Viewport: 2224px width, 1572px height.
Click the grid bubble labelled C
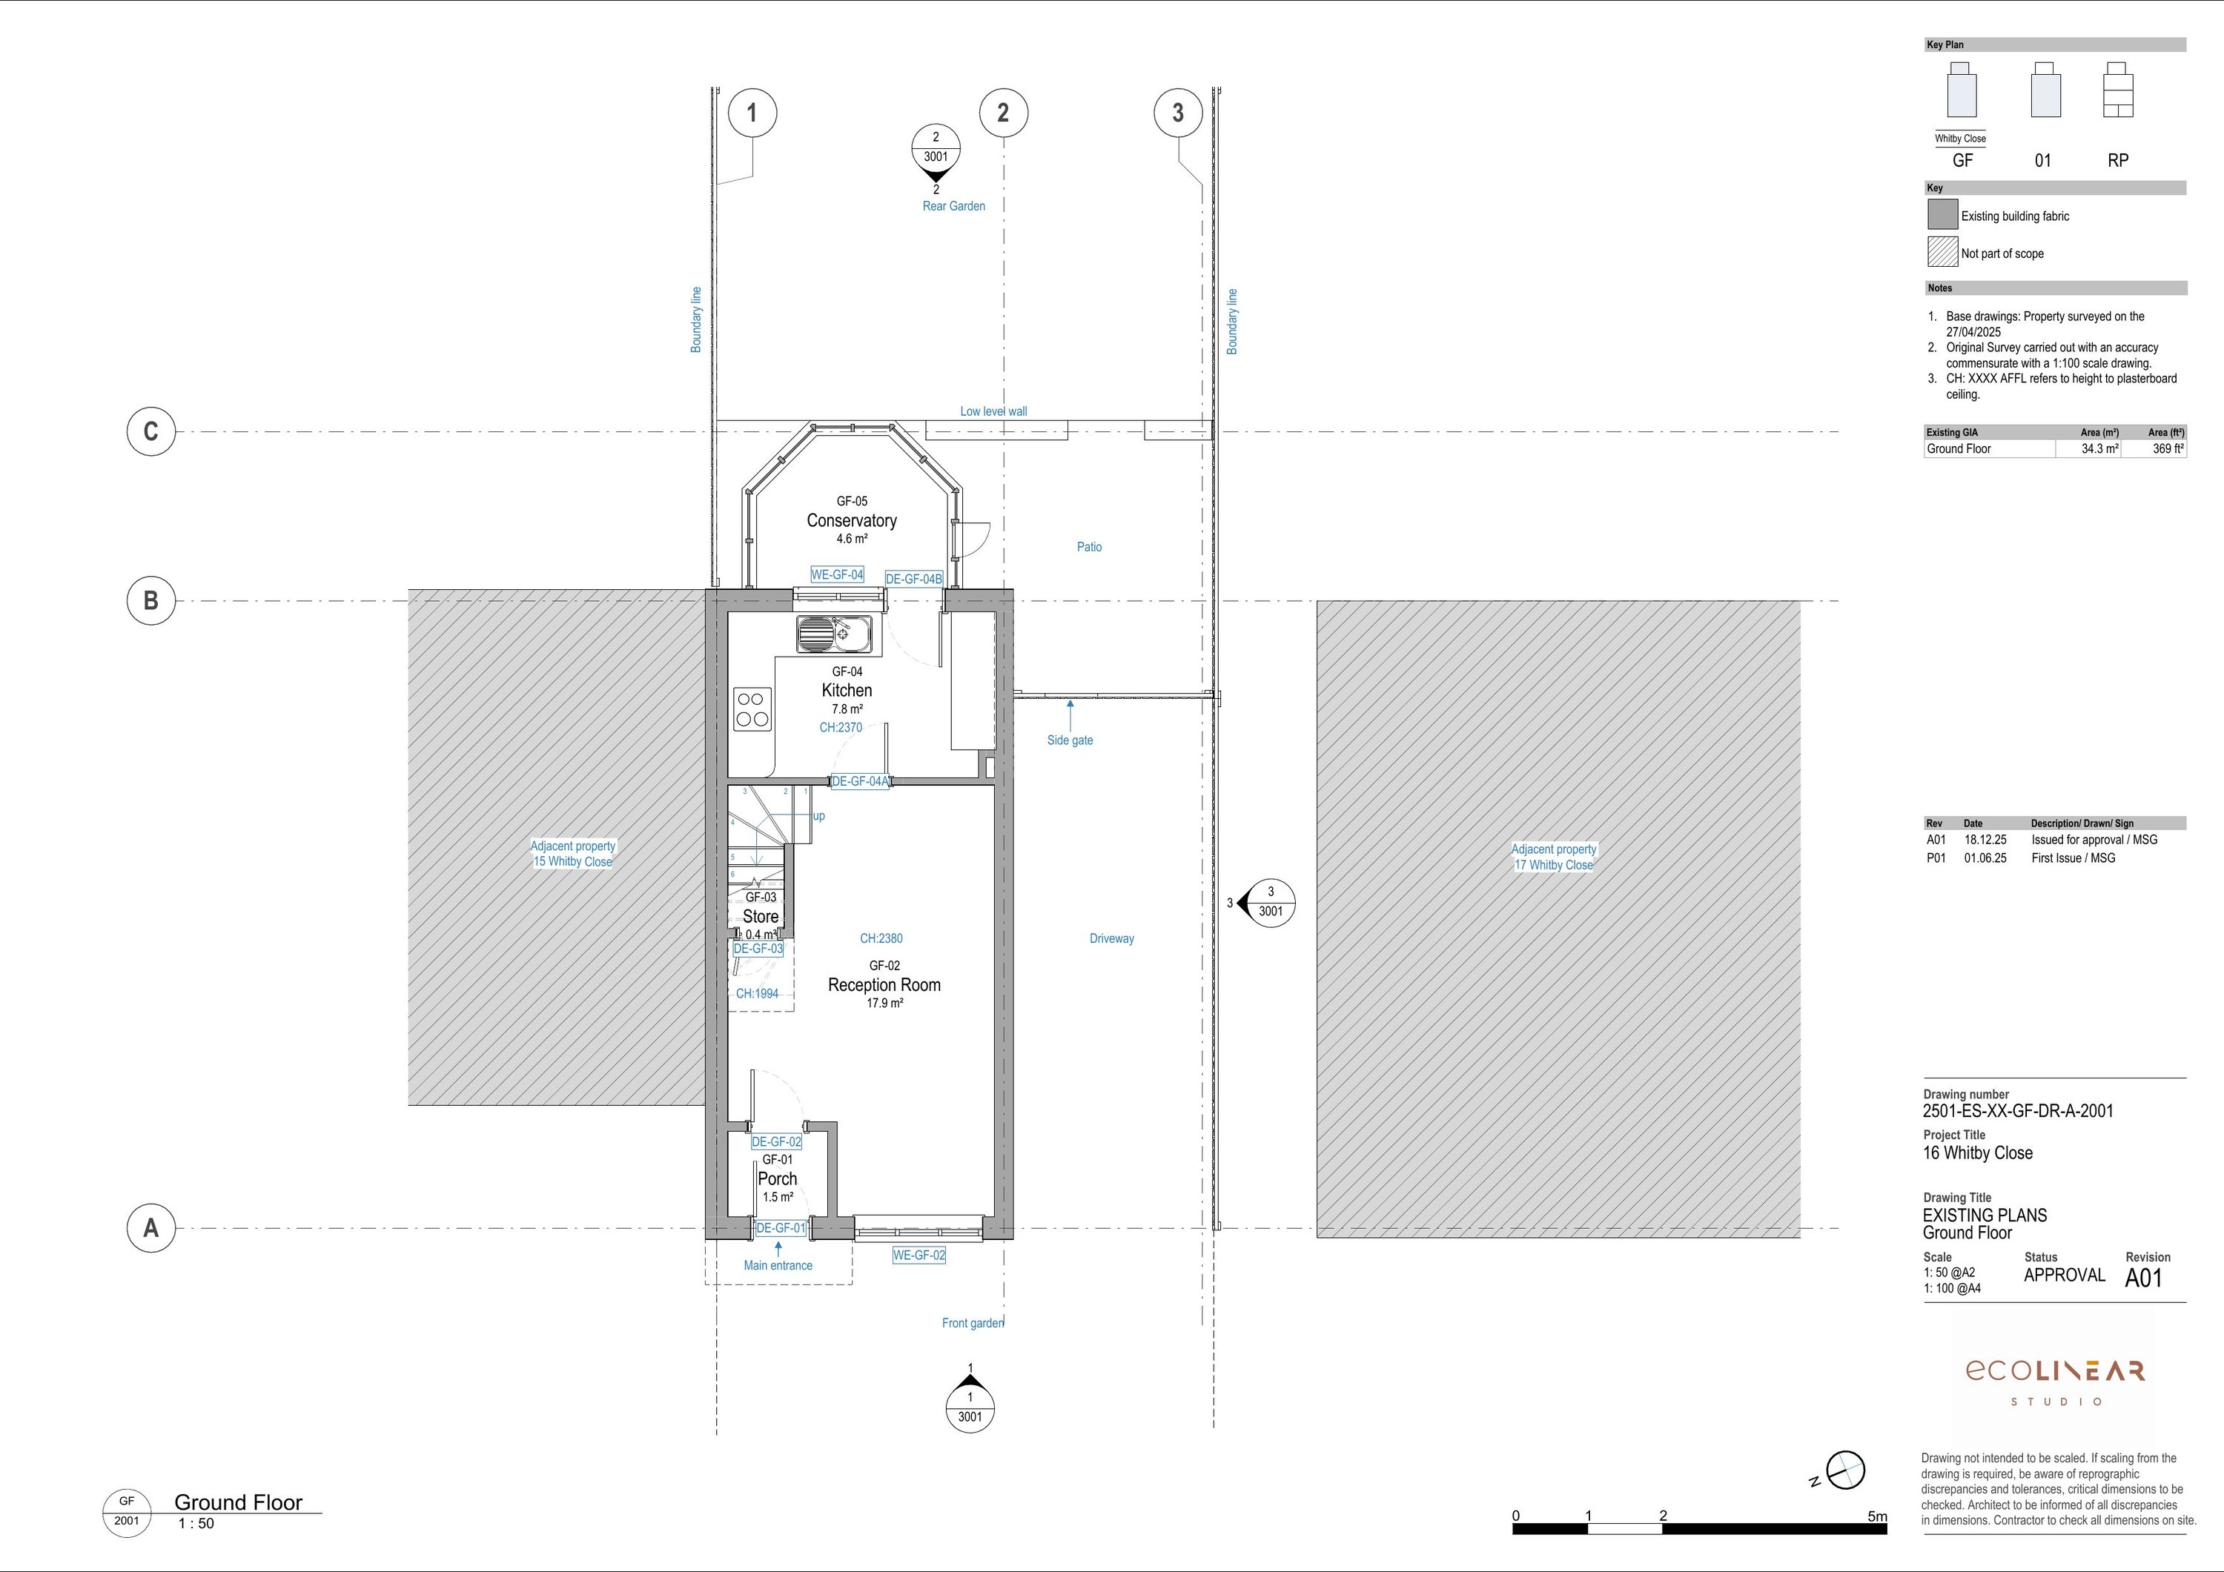point(151,431)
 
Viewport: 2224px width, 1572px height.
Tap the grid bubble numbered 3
point(1178,113)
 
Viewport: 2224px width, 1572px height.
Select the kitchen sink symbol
point(834,634)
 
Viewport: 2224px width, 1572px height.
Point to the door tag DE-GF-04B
point(913,579)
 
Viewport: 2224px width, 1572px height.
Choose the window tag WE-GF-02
point(919,1256)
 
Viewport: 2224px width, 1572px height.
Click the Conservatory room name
point(852,520)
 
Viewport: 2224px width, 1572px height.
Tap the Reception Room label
point(884,985)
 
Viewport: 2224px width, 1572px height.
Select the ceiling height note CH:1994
point(756,994)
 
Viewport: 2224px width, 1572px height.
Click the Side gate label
point(1070,740)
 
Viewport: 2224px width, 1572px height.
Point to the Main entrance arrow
point(778,1250)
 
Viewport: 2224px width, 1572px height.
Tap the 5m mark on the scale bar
point(1877,1517)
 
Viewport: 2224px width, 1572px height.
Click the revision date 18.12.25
point(1986,840)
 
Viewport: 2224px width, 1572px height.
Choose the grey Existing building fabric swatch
point(1942,215)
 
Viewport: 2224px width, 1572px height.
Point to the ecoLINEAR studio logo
point(2054,1382)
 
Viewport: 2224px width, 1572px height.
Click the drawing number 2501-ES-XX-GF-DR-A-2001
point(2018,1111)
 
